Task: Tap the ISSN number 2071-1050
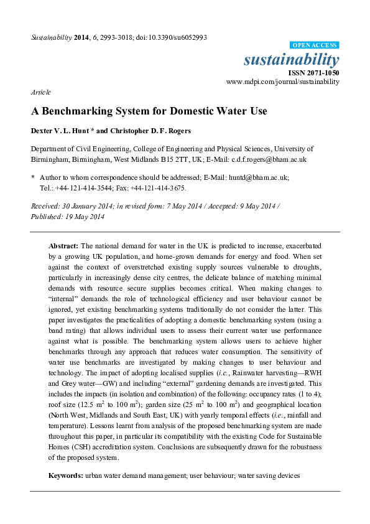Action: (x=322, y=72)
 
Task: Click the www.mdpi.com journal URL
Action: (x=282, y=82)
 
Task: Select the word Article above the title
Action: (x=40, y=92)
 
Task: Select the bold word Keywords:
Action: (x=66, y=475)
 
